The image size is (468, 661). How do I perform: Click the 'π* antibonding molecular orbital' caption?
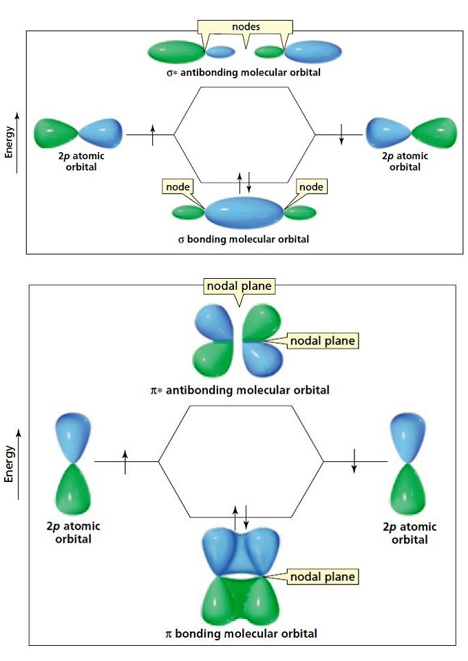click(240, 390)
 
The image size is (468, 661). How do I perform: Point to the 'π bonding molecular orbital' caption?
click(242, 633)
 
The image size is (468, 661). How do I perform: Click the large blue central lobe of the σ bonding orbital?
click(244, 213)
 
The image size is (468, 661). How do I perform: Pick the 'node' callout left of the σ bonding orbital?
click(177, 187)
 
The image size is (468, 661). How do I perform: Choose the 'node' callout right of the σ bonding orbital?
click(310, 187)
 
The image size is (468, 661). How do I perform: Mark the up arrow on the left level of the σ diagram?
click(153, 134)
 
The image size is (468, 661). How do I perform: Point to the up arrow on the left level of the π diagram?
click(125, 461)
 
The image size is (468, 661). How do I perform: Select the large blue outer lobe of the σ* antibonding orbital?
click(312, 50)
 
